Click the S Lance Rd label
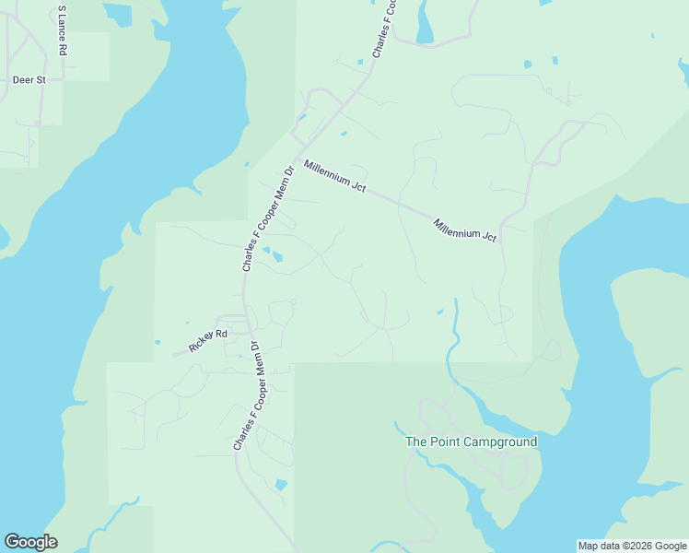pos(63,31)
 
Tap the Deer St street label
pos(29,80)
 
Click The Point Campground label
pos(472,442)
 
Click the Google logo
pos(30,542)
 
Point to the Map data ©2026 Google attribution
pos(633,546)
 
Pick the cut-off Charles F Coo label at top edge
pos(384,30)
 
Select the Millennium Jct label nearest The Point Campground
pos(465,230)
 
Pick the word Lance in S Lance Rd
pos(63,31)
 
